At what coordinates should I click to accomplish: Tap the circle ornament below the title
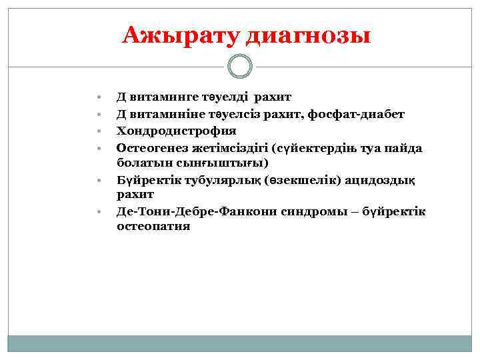pos(240,67)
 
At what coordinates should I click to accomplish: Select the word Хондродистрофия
pos(177,131)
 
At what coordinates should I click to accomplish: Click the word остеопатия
pos(153,226)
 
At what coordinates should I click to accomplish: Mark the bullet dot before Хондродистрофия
pos(98,131)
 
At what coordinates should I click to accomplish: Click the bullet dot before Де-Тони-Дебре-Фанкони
pos(98,211)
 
